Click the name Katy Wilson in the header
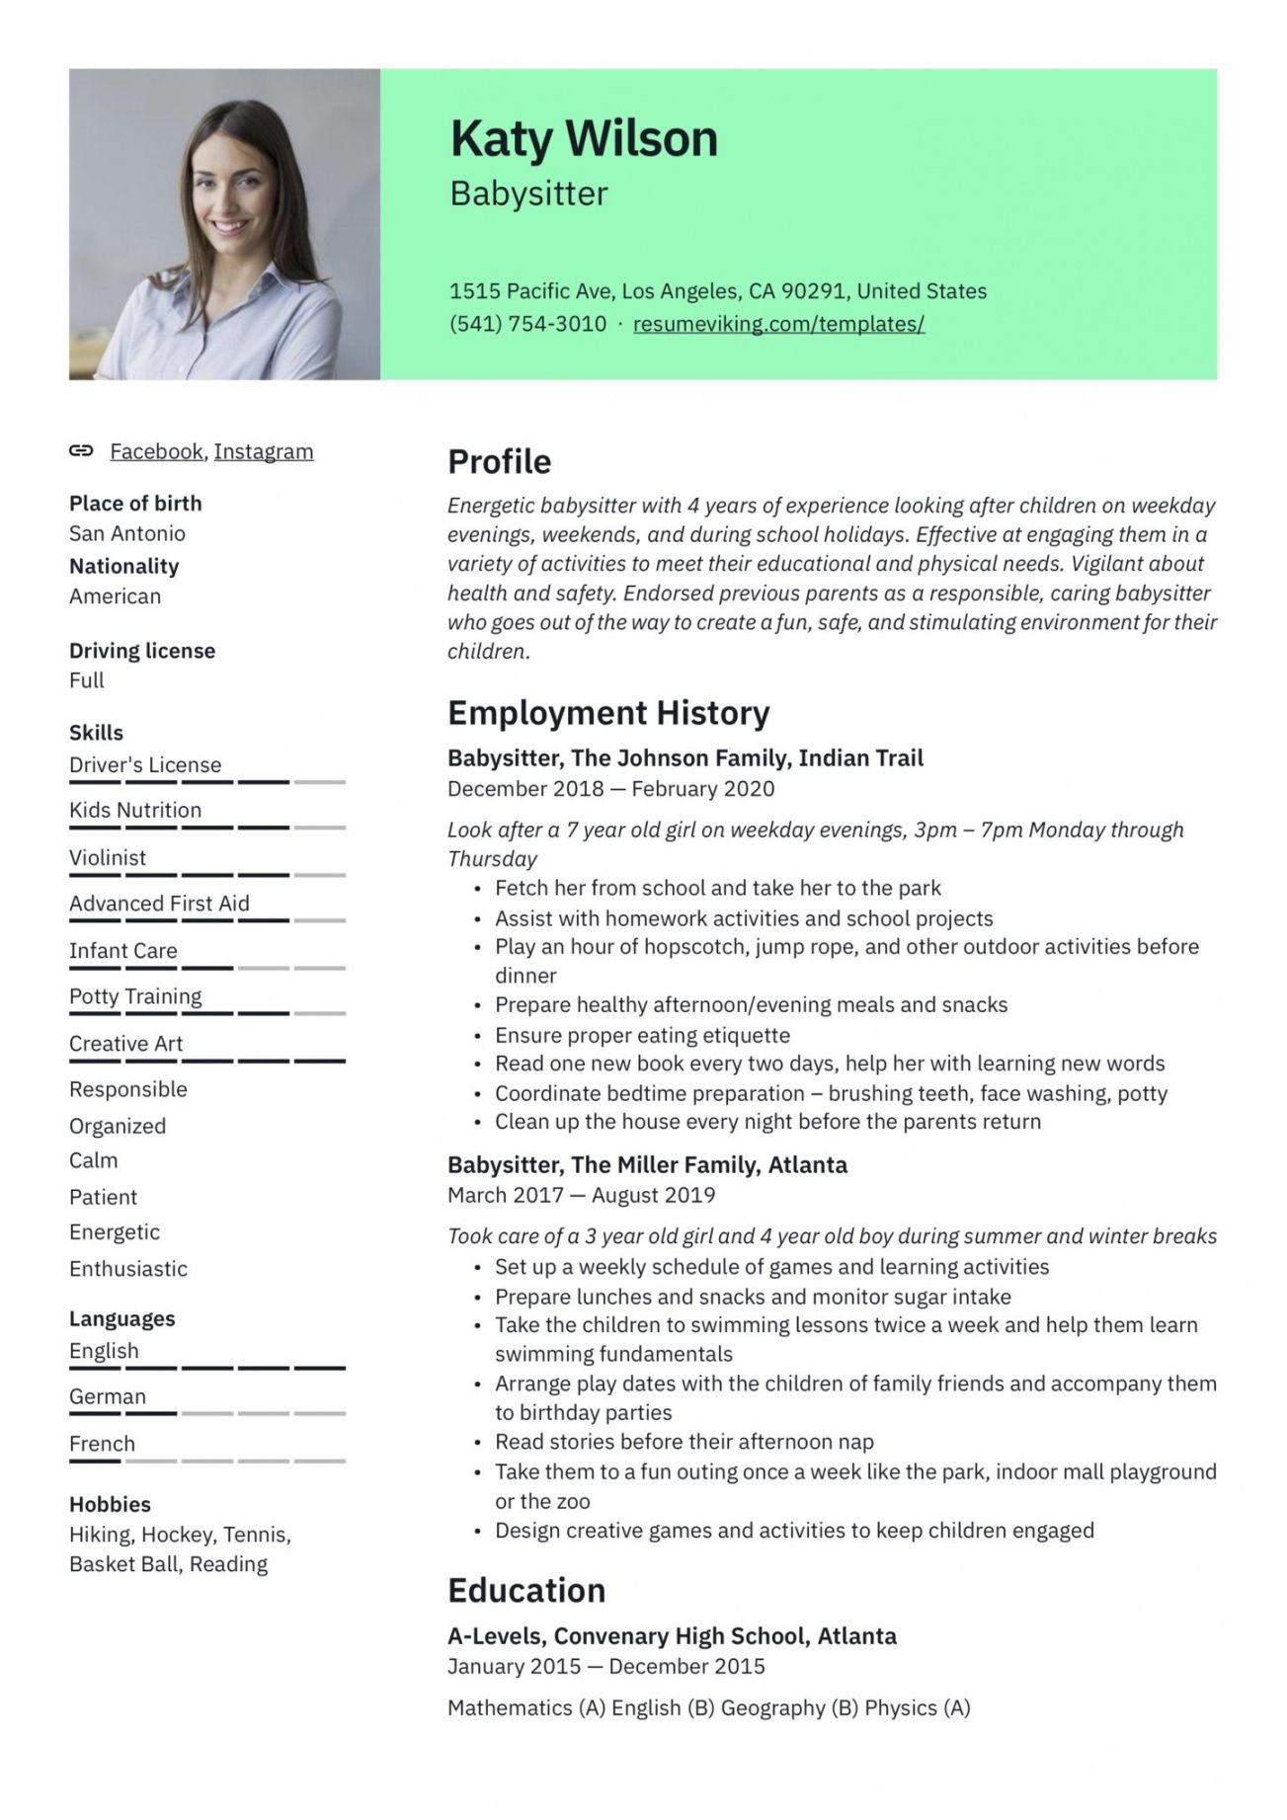[x=584, y=138]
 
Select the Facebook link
[x=156, y=451]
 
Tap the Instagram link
[x=264, y=451]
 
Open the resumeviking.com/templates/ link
[x=778, y=323]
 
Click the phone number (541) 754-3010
[x=527, y=323]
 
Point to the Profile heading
[x=499, y=461]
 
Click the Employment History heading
[x=608, y=712]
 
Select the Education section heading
[x=526, y=1590]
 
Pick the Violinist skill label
[x=108, y=857]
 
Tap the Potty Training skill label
[x=135, y=996]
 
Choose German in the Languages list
[x=108, y=1396]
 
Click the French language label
[x=102, y=1444]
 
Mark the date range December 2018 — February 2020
[x=610, y=788]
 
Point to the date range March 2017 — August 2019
[x=581, y=1195]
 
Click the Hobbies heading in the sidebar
[x=110, y=1504]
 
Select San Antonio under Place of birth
[x=127, y=533]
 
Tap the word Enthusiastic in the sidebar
[x=128, y=1268]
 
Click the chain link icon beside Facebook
[x=81, y=451]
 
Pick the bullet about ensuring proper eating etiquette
[x=642, y=1035]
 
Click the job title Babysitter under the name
[x=528, y=194]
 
